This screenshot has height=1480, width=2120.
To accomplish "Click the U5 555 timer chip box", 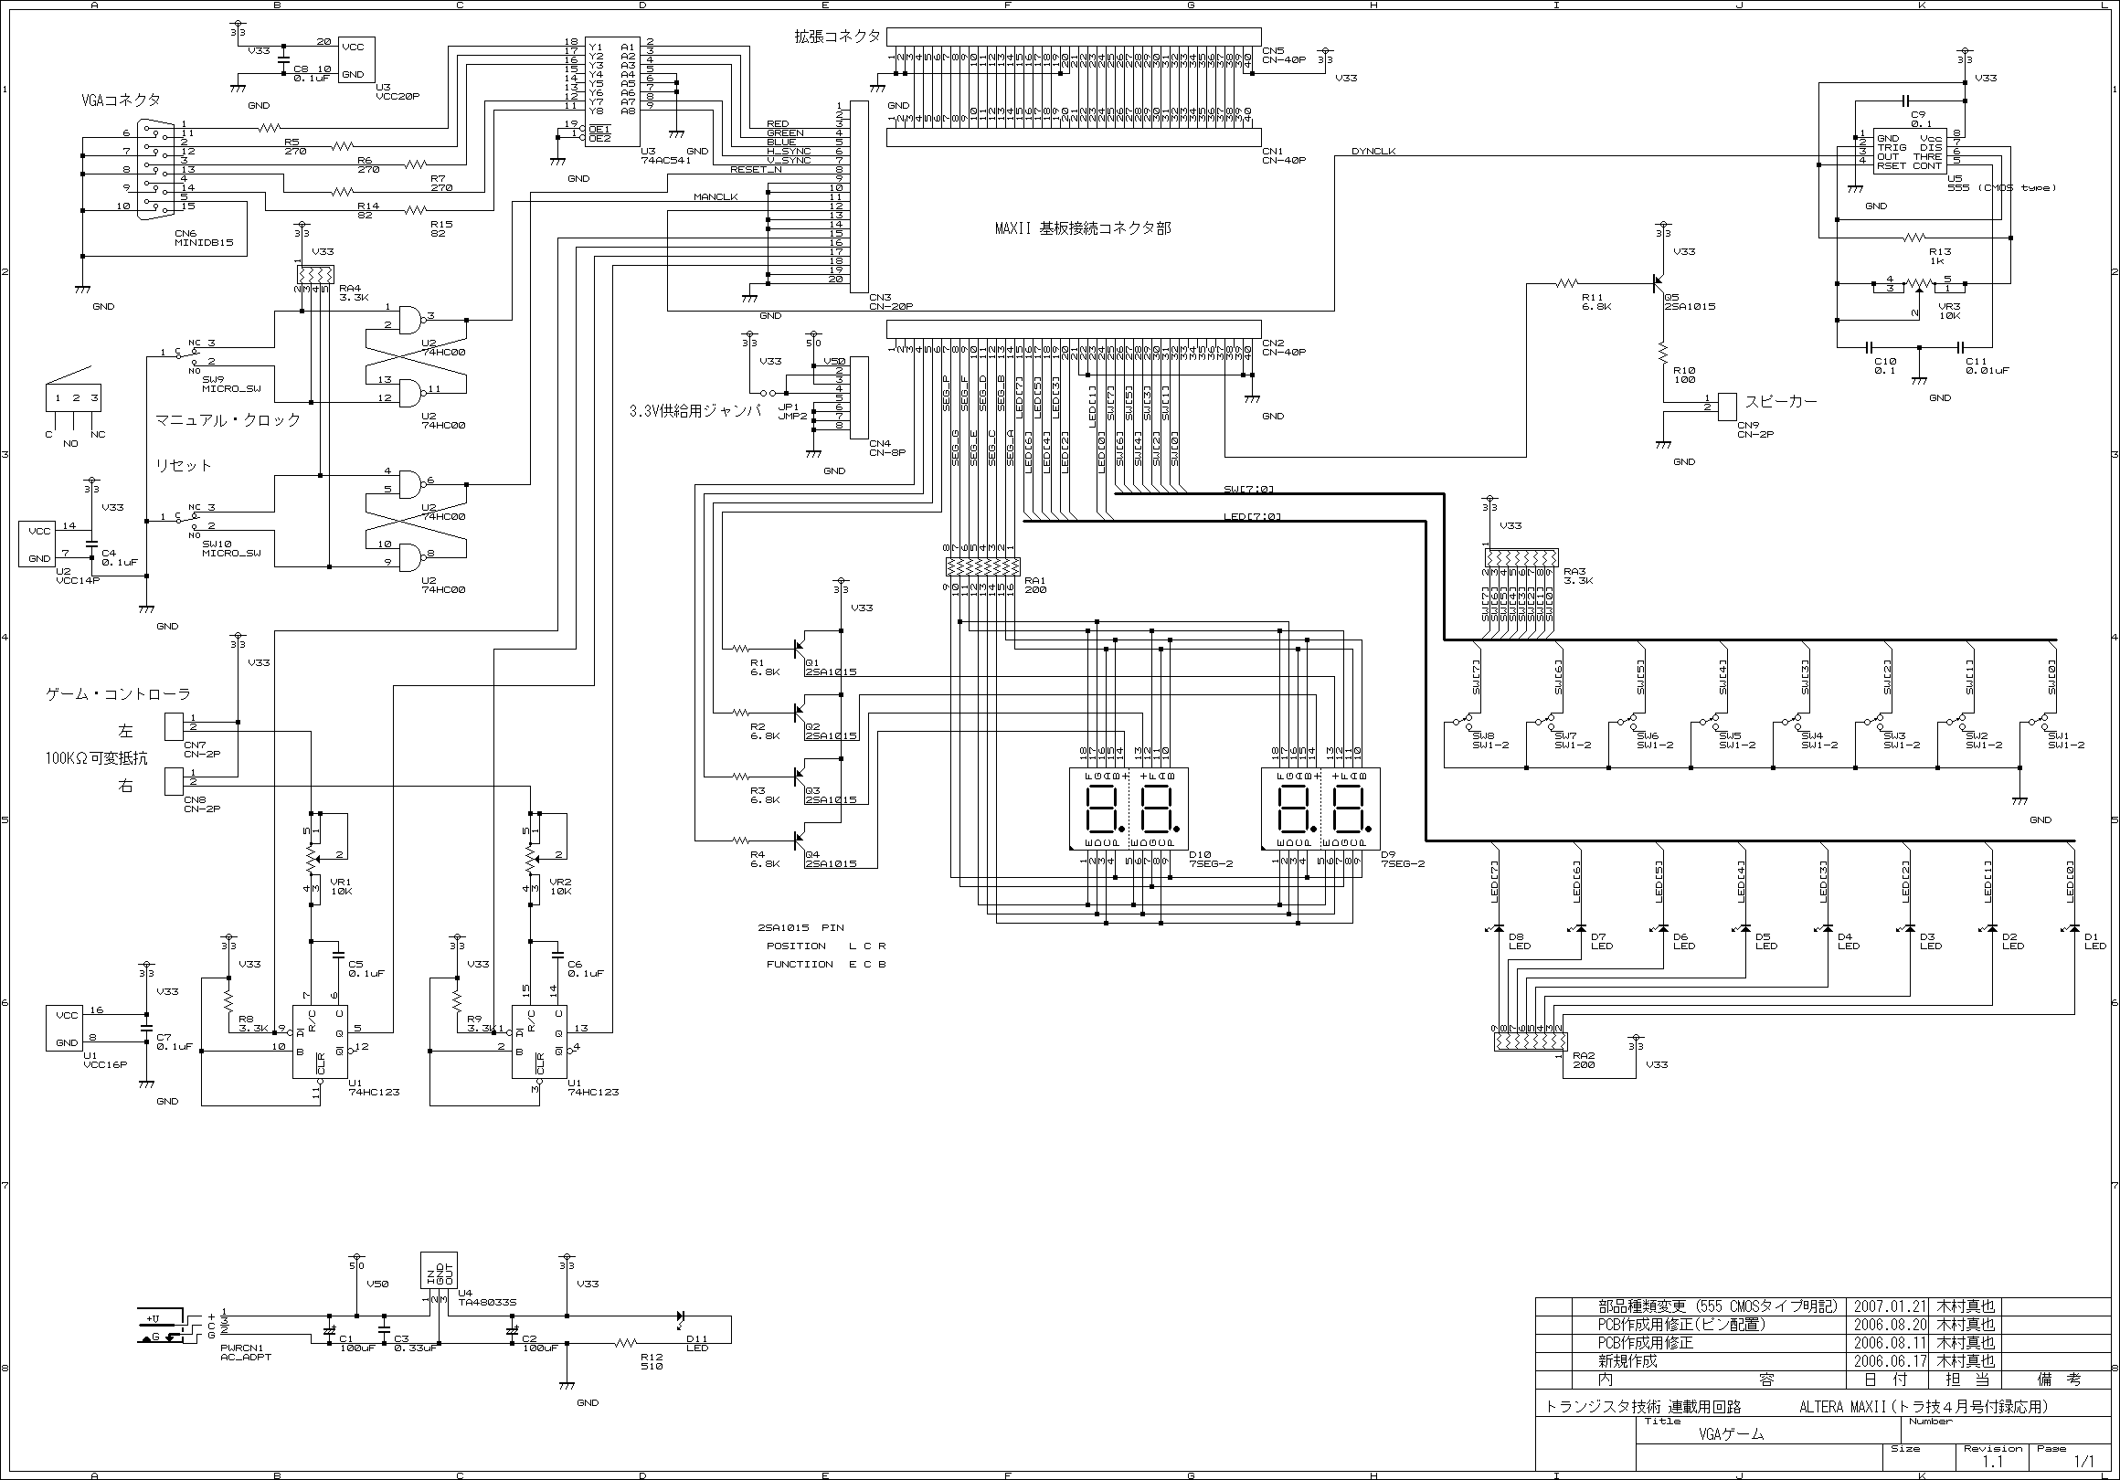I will pos(1910,151).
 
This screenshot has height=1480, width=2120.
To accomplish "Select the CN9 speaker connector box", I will pos(1727,407).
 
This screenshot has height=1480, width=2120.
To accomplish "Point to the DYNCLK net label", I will pos(1373,152).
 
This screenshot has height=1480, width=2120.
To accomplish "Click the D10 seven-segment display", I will pos(1129,809).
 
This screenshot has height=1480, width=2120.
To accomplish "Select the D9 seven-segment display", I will pos(1320,809).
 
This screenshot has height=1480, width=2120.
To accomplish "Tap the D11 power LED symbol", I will pos(682,1316).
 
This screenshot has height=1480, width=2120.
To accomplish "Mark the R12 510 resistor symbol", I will pos(627,1343).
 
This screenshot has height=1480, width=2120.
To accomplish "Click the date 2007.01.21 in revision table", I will pos(1889,1306).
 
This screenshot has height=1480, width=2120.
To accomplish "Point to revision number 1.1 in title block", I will pos(1992,1462).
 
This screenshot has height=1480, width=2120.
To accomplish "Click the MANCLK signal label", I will pos(715,196).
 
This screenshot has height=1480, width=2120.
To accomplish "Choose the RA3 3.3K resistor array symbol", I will pos(1521,557).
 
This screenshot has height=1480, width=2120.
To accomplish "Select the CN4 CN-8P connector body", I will pos(857,398).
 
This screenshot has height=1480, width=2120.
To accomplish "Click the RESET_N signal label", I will pos(756,170).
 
